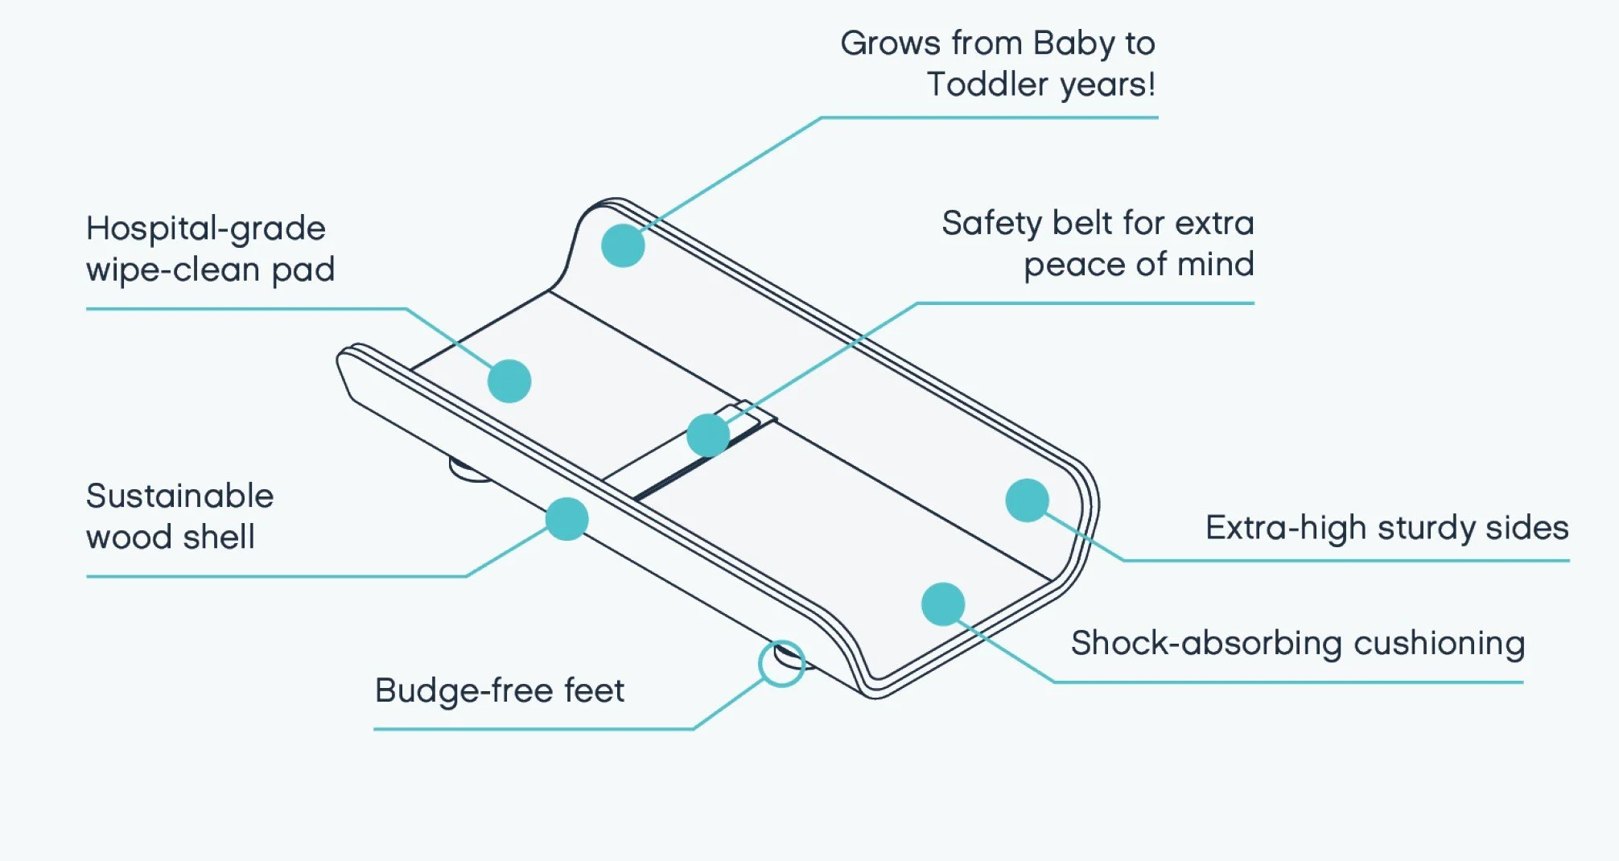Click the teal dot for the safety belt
708,435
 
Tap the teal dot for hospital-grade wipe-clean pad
509,381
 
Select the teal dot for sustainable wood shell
566,519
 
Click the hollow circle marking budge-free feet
781,664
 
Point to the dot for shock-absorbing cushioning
943,604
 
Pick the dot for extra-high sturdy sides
1027,500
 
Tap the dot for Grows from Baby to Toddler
623,245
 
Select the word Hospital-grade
206,229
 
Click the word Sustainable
179,496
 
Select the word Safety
991,224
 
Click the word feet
594,690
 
